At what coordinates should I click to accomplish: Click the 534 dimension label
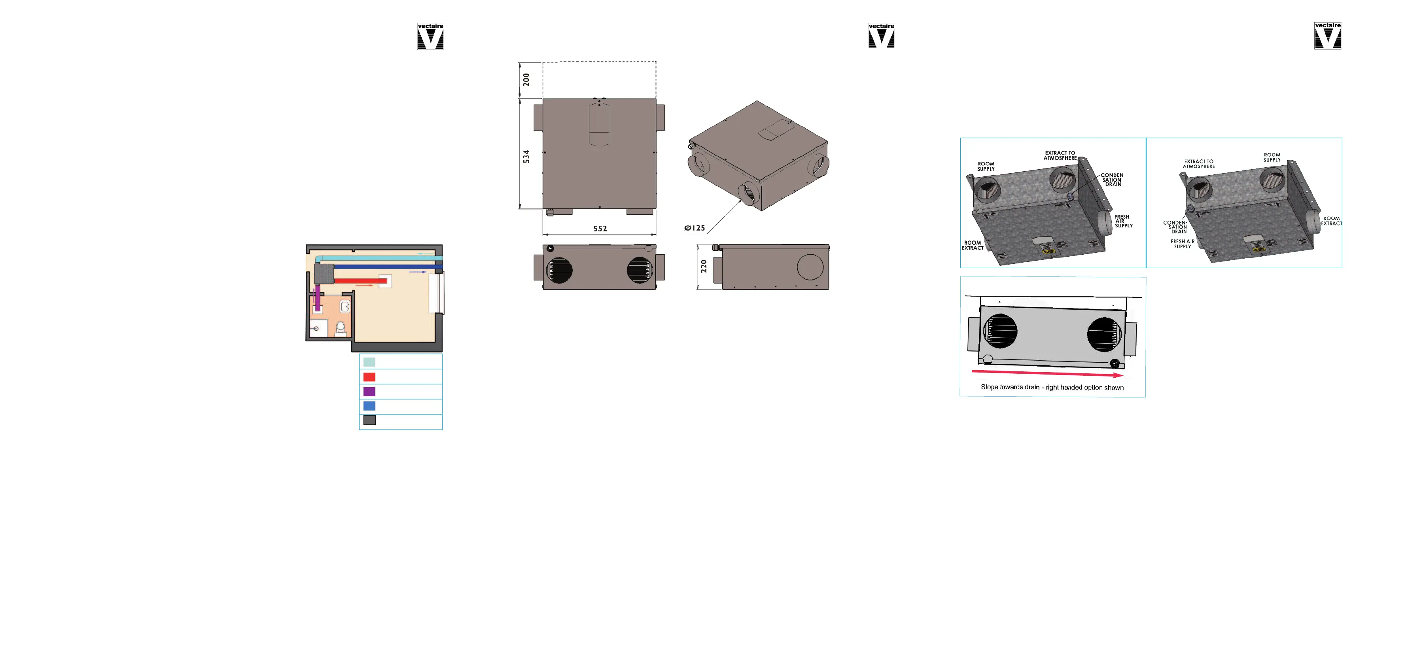pyautogui.click(x=526, y=157)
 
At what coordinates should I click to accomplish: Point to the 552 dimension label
pyautogui.click(x=600, y=229)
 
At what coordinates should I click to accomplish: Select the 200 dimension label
pyautogui.click(x=526, y=80)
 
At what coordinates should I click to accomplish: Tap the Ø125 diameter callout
pyautogui.click(x=695, y=228)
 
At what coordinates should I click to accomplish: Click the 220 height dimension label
pyautogui.click(x=704, y=267)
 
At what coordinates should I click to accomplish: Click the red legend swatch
pyautogui.click(x=369, y=377)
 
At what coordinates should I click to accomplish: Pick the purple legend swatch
pyautogui.click(x=369, y=392)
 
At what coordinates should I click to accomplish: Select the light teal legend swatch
pyautogui.click(x=369, y=362)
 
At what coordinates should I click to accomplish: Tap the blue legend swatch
pyautogui.click(x=369, y=406)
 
